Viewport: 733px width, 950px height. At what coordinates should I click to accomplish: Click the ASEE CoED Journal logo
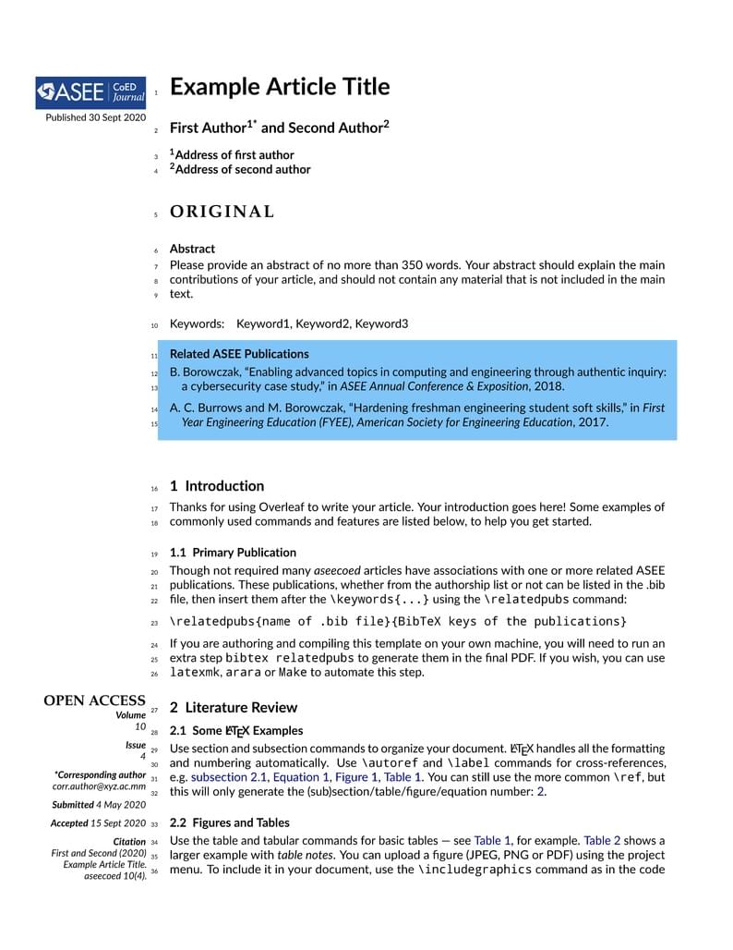tap(90, 91)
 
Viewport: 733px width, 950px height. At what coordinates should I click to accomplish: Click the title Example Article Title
tap(280, 87)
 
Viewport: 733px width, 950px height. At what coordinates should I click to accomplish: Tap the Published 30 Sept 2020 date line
tap(95, 117)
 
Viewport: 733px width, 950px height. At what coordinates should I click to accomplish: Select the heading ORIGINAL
tap(222, 212)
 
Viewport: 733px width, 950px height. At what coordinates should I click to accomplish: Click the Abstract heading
tap(192, 249)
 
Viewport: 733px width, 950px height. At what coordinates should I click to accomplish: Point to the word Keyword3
tap(381, 324)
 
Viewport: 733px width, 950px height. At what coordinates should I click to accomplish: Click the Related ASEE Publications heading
tap(239, 354)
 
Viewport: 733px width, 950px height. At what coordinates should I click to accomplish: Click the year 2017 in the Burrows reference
tap(593, 422)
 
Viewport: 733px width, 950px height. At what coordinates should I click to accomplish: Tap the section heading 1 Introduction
tap(217, 486)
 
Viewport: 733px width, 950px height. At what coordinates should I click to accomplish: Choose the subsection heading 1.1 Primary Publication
tap(233, 553)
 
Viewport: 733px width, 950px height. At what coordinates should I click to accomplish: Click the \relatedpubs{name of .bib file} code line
tap(398, 622)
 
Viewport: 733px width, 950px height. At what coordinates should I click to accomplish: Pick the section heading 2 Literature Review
tap(234, 708)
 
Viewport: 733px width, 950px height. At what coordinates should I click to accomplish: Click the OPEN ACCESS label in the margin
tap(94, 700)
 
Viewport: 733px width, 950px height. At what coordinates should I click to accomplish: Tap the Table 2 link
tap(602, 841)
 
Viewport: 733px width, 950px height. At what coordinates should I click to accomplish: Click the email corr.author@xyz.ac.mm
tap(99, 786)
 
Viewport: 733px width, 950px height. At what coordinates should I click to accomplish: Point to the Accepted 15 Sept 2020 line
tap(98, 823)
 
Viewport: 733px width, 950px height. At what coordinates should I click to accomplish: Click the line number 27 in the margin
tap(154, 710)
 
